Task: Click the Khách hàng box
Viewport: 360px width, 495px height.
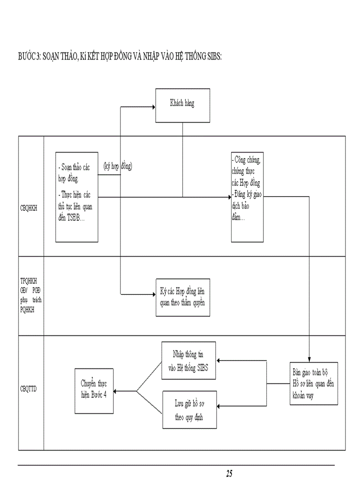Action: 182,105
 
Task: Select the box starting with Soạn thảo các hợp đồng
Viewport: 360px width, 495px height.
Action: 77,197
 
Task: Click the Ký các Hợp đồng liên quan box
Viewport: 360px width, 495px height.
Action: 183,297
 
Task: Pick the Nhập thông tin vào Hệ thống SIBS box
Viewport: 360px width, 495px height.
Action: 189,360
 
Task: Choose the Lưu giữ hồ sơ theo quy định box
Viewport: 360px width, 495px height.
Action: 189,409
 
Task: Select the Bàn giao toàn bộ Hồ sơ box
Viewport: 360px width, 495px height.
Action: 312,383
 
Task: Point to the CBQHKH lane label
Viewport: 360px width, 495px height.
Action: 29,209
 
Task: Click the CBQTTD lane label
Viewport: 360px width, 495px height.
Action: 29,389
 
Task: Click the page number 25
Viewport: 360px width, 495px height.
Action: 229,474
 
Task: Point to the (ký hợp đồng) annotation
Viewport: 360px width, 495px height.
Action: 118,166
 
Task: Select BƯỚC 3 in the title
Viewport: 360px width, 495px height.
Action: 29,57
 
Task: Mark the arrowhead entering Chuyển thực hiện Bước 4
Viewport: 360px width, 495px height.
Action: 116,391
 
